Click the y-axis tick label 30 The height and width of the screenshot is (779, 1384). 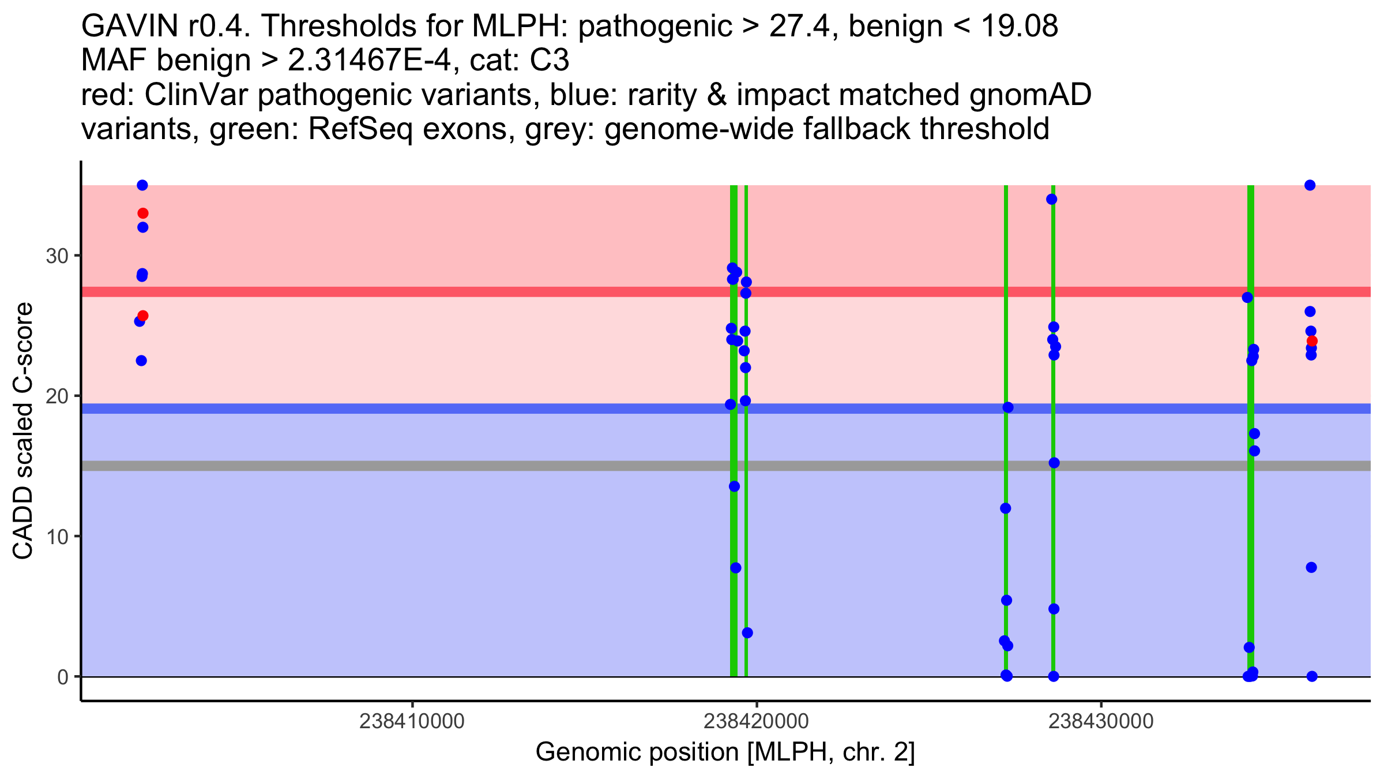tap(57, 256)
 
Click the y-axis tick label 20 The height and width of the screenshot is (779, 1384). tap(57, 396)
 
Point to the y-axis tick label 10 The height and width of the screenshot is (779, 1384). tap(57, 537)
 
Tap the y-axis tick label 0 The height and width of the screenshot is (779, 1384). tap(63, 677)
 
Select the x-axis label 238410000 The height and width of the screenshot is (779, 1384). tap(412, 721)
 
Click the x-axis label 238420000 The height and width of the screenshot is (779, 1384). tap(756, 721)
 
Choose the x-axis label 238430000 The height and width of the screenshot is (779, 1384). tap(1101, 721)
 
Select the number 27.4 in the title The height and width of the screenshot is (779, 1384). tap(803, 26)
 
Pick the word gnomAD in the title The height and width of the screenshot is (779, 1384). tap(1031, 95)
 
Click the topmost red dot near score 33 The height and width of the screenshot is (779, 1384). tap(143, 214)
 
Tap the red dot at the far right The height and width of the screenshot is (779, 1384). tap(1312, 341)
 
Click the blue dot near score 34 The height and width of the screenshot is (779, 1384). tap(1052, 200)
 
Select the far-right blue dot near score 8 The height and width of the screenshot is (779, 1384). tap(1311, 568)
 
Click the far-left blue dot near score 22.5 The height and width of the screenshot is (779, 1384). tap(141, 361)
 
